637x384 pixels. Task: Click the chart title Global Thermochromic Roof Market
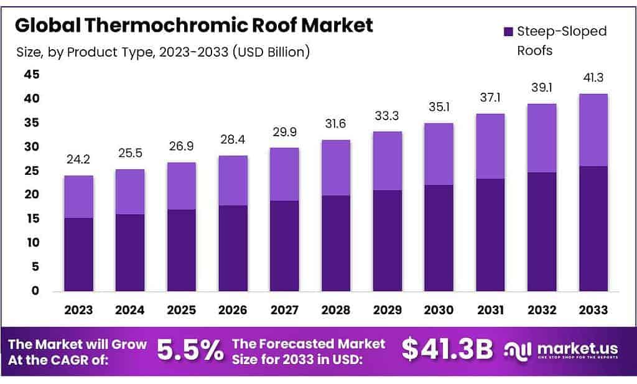[193, 26]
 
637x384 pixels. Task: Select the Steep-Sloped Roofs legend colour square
[507, 32]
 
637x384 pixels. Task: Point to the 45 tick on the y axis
[31, 75]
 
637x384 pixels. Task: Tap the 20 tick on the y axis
[31, 194]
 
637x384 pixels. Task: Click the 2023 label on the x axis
[78, 310]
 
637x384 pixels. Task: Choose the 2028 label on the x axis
[336, 310]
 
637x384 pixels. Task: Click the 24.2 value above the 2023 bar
[78, 160]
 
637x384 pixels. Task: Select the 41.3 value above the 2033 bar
[593, 78]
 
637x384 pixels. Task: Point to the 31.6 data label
[336, 124]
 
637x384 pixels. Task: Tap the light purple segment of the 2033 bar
[593, 129]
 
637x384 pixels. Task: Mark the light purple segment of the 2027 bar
[284, 174]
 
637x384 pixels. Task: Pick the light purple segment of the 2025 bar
[181, 185]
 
